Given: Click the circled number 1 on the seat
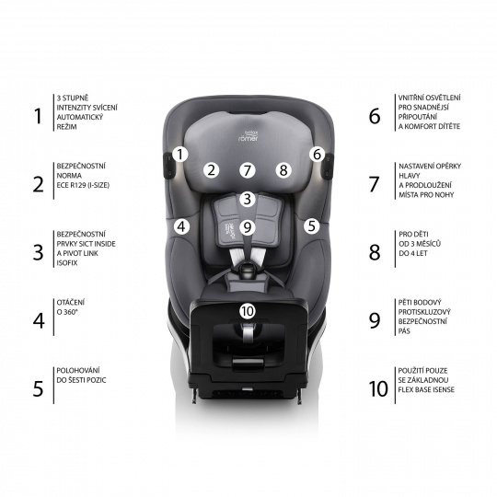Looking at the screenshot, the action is [x=180, y=155].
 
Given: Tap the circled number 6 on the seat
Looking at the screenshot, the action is [x=317, y=155].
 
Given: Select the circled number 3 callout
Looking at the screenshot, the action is [x=248, y=200].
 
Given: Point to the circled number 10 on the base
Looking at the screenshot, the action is [x=248, y=311].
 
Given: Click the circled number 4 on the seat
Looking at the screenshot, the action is [x=181, y=226].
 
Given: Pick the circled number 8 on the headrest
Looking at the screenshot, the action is [x=283, y=170].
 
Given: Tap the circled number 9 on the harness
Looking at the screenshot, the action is [x=248, y=227].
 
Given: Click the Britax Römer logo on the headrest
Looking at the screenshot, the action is [x=248, y=135].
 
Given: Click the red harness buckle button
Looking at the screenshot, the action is [x=248, y=270].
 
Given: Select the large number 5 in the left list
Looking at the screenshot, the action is [x=38, y=389].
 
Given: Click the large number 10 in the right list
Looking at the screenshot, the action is [x=378, y=389].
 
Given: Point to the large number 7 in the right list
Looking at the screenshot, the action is [x=375, y=184].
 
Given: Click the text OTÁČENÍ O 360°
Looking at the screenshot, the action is [x=71, y=307].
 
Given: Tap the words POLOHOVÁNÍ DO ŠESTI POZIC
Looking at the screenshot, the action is [x=81, y=376].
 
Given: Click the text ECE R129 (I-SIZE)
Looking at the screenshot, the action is [x=83, y=185].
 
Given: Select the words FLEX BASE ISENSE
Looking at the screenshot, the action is [x=426, y=389].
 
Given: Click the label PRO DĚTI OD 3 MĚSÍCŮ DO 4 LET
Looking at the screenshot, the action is [x=420, y=244].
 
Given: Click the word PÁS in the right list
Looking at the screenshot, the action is [x=404, y=331].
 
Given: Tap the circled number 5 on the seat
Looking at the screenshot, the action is [x=312, y=226].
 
